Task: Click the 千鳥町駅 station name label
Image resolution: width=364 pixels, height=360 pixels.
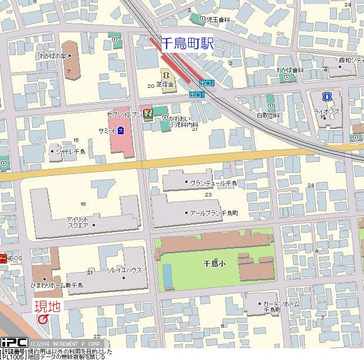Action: [x=188, y=43]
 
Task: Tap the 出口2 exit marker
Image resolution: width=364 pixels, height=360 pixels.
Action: [x=206, y=83]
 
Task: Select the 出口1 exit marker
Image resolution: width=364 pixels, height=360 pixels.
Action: [x=198, y=94]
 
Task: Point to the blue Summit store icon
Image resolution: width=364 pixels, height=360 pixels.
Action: [x=121, y=130]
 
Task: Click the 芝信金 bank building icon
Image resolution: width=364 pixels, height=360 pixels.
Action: [x=164, y=74]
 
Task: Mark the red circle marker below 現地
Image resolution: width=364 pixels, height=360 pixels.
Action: [x=43, y=319]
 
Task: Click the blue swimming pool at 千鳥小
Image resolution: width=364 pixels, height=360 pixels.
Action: [x=168, y=276]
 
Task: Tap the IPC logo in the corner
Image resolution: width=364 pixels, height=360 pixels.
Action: [x=14, y=342]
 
